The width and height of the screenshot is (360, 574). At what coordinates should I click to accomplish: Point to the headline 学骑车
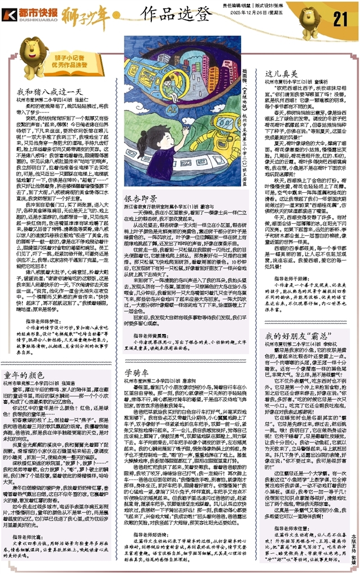click(132, 357)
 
